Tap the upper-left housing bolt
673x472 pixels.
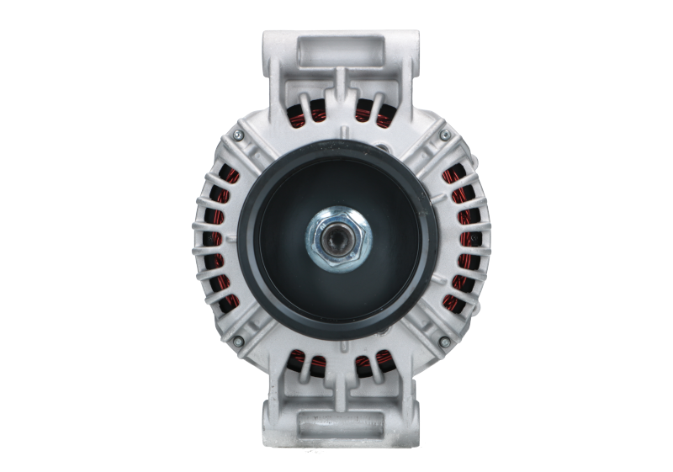239,133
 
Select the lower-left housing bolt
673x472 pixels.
239,341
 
